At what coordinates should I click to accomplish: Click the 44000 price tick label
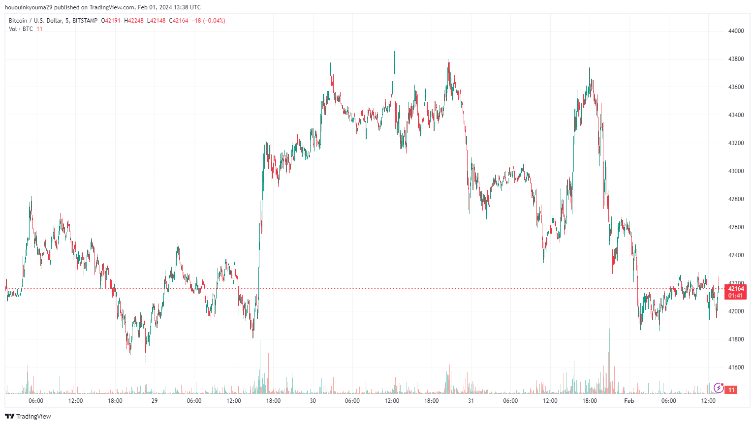click(x=736, y=31)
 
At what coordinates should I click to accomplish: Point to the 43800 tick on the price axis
click(x=736, y=59)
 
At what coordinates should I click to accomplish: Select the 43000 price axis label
click(x=736, y=171)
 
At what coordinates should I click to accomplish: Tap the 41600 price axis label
click(x=736, y=367)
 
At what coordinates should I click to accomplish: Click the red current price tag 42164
click(x=736, y=289)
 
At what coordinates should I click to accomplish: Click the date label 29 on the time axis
click(x=155, y=401)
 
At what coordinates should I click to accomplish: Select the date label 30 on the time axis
click(x=313, y=401)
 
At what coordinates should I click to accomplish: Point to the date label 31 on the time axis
click(x=471, y=401)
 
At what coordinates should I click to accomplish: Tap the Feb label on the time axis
click(x=629, y=401)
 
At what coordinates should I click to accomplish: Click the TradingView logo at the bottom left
click(x=29, y=417)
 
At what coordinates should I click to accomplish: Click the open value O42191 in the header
click(x=111, y=21)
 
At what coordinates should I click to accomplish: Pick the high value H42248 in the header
click(x=134, y=21)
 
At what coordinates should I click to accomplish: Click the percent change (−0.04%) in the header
click(x=214, y=21)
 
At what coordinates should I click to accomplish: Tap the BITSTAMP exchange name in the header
click(x=85, y=21)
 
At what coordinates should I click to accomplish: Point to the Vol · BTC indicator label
click(x=21, y=29)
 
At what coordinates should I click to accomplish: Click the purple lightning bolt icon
click(x=719, y=388)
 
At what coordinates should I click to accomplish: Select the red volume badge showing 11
click(x=732, y=390)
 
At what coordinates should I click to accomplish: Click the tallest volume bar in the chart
click(x=609, y=344)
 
